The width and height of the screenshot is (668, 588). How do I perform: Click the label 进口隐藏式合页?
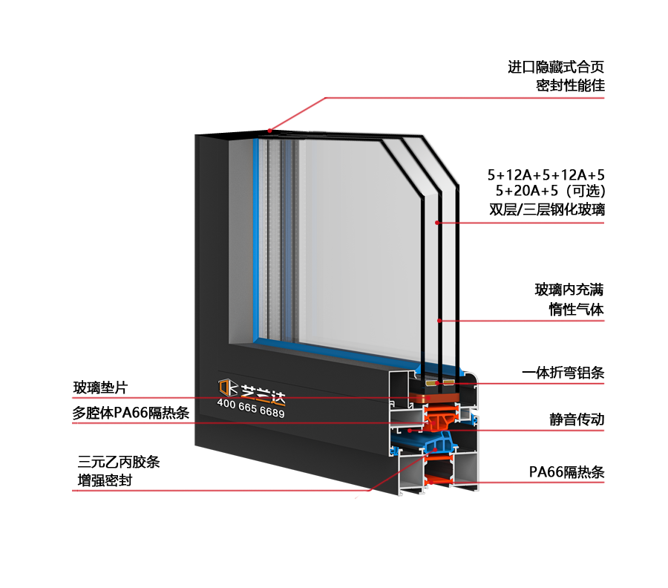click(556, 68)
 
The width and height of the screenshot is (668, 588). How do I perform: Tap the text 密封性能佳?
click(570, 85)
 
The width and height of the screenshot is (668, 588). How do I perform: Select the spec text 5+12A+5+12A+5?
click(546, 175)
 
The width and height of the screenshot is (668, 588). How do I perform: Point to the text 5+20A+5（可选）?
click(551, 192)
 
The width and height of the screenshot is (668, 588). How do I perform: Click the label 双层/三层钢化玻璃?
click(547, 209)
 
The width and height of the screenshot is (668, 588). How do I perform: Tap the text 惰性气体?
click(576, 310)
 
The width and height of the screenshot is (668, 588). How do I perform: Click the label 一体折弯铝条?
click(563, 373)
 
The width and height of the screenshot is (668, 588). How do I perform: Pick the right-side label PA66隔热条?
click(566, 472)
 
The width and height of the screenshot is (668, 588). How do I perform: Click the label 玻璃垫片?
click(100, 388)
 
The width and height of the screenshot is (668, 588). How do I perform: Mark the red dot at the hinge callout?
click(270, 131)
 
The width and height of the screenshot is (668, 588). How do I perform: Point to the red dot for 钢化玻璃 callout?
click(438, 223)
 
